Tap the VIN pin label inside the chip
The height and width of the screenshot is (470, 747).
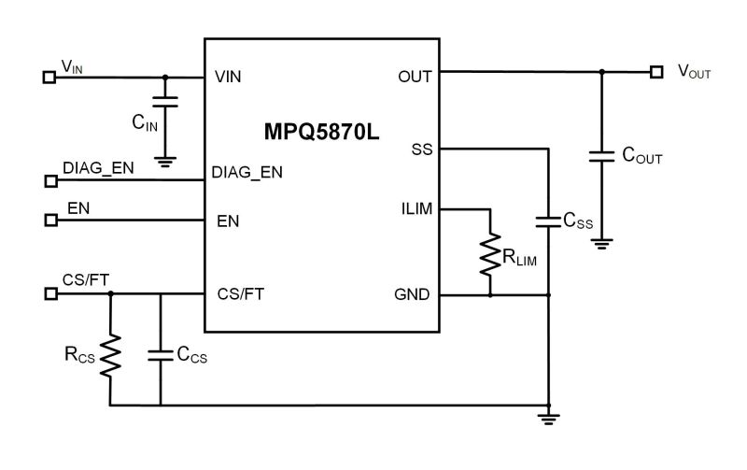coord(230,77)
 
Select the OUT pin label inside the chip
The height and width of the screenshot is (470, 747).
coord(415,77)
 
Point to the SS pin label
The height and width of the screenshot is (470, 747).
coord(420,150)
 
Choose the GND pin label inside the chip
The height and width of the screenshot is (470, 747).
coord(412,294)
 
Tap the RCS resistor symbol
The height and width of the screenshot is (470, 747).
coord(110,354)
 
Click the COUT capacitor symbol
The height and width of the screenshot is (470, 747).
coord(601,156)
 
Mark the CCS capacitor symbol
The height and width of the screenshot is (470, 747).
coord(161,355)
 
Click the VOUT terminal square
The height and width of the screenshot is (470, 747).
coord(657,71)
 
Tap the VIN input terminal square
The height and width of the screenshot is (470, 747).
coord(49,77)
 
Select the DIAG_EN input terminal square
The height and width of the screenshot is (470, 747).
coord(49,178)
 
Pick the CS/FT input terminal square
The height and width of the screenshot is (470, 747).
coord(49,293)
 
